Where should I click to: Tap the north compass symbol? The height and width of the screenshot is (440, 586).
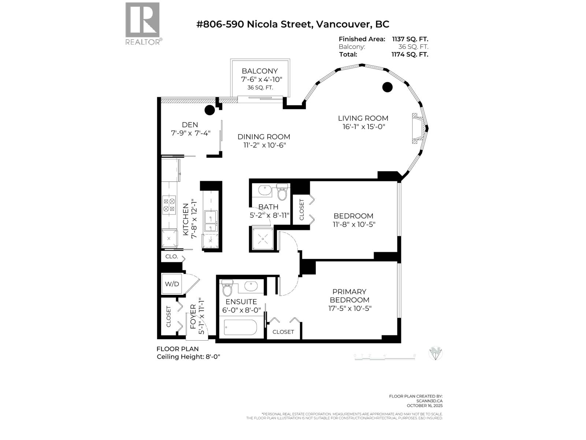(x=435, y=353)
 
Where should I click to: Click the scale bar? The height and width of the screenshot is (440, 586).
(x=385, y=357)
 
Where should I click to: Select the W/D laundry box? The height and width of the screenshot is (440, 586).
(x=172, y=284)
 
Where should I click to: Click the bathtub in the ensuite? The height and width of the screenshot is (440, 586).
(x=240, y=327)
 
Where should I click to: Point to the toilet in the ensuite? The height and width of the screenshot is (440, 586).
(x=227, y=288)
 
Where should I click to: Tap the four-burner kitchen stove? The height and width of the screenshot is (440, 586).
(x=170, y=205)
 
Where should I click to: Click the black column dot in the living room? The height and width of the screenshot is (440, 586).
(x=387, y=87)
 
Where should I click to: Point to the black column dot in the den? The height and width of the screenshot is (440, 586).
(x=209, y=110)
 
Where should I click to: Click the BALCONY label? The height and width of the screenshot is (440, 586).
(x=260, y=71)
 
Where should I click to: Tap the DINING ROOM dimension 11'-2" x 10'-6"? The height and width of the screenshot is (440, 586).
(x=264, y=145)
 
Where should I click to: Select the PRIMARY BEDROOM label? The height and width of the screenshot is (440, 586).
(x=349, y=296)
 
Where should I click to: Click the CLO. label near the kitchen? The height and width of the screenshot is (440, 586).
(x=171, y=257)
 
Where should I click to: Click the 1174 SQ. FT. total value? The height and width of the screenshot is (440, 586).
(x=409, y=54)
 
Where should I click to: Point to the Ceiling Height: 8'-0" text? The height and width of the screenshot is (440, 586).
(x=188, y=357)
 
